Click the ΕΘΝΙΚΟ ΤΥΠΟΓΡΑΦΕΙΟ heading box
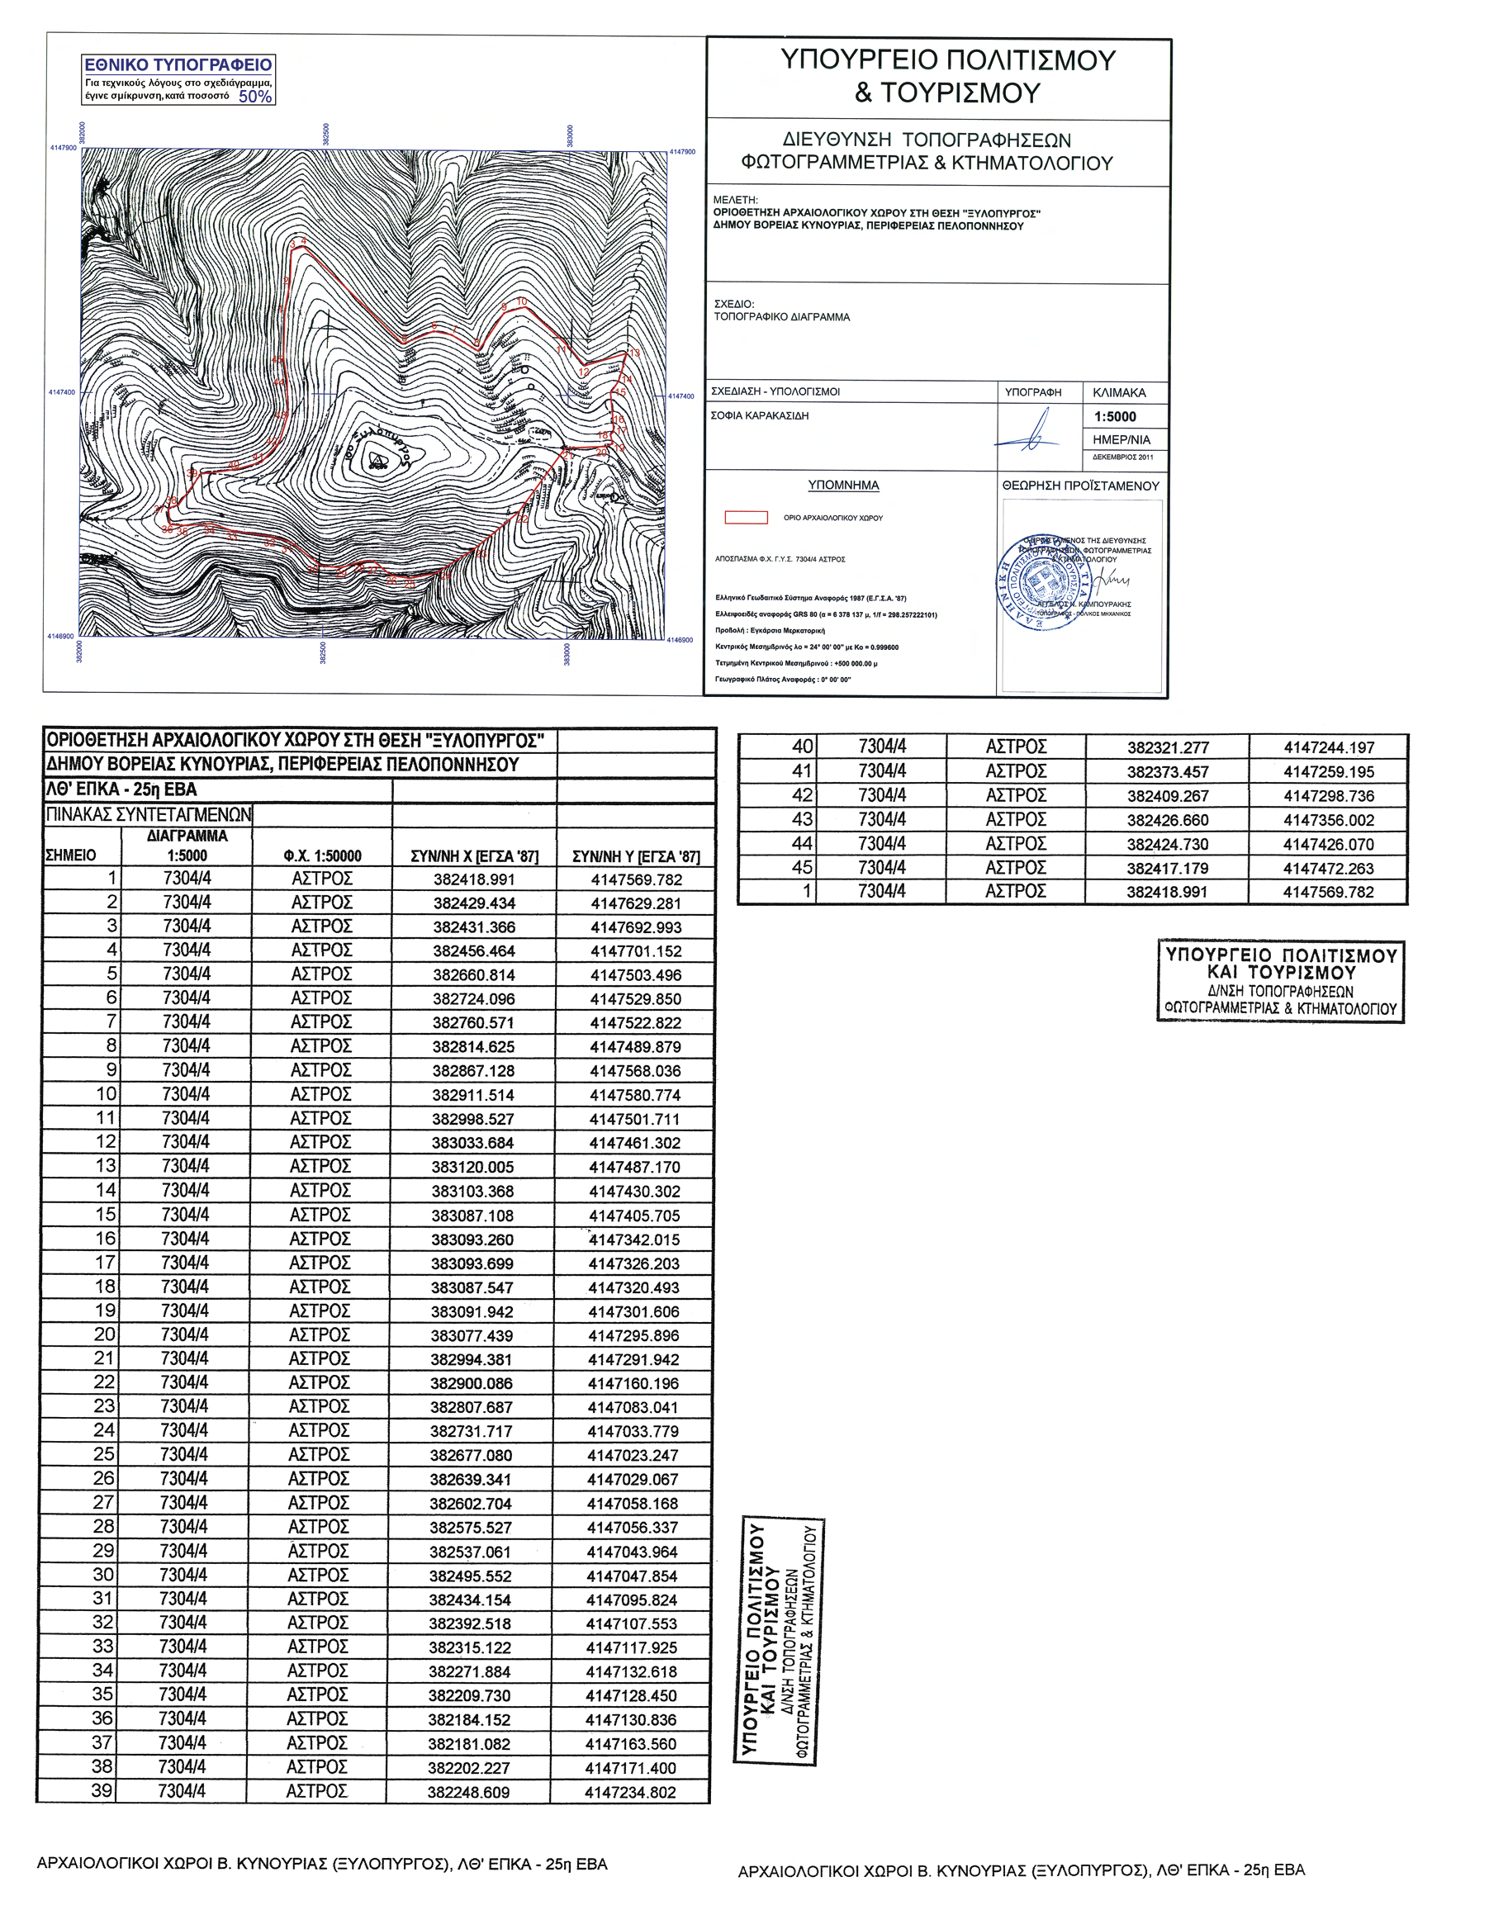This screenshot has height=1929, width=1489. [178, 64]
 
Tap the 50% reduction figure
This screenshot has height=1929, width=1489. [255, 97]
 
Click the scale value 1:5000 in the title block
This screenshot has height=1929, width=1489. [1115, 417]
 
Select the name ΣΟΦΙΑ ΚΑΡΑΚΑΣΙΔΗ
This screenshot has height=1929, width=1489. [760, 416]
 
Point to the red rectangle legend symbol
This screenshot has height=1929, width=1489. [746, 518]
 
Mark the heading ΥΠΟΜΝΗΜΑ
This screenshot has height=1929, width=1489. [843, 485]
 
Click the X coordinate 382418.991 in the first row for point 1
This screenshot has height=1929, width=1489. [473, 879]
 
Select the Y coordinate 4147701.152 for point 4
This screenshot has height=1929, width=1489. [635, 951]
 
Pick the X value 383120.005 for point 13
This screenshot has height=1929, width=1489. [472, 1167]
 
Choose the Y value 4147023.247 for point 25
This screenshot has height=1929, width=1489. [633, 1456]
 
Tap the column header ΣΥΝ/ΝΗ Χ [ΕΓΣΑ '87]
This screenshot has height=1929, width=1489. [474, 855]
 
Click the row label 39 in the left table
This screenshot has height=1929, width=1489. [102, 1791]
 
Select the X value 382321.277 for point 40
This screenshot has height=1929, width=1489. [1167, 747]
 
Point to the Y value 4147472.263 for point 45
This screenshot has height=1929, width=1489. [1328, 868]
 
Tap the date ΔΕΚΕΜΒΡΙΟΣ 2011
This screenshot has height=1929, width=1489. [1122, 457]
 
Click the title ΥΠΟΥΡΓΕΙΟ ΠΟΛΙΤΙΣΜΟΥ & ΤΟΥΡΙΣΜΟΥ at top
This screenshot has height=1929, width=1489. [946, 76]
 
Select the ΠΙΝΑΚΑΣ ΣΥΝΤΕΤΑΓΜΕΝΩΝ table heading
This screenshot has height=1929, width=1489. [149, 814]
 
